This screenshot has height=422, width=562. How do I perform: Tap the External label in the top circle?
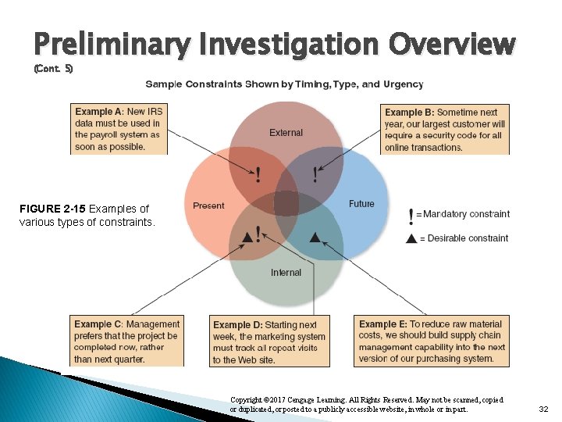pyautogui.click(x=286, y=133)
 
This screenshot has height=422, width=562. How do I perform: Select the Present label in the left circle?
pyautogui.click(x=208, y=206)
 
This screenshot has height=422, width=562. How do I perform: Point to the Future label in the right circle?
pyautogui.click(x=361, y=204)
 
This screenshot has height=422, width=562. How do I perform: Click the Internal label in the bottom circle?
pyautogui.click(x=286, y=273)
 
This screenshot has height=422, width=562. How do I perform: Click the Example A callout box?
pyautogui.click(x=119, y=129)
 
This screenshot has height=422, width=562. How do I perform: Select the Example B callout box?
pyautogui.click(x=445, y=129)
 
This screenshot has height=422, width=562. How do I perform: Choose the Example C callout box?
pyautogui.click(x=126, y=341)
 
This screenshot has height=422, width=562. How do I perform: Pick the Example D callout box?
pyautogui.click(x=269, y=342)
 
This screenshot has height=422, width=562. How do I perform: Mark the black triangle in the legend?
pyautogui.click(x=411, y=238)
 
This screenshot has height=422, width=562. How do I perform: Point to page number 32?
pyautogui.click(x=545, y=409)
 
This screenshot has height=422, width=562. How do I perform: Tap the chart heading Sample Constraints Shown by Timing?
pyautogui.click(x=284, y=84)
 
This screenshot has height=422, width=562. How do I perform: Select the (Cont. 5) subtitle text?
pyautogui.click(x=53, y=69)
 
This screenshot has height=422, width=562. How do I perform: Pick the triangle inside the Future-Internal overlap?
pyautogui.click(x=315, y=236)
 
